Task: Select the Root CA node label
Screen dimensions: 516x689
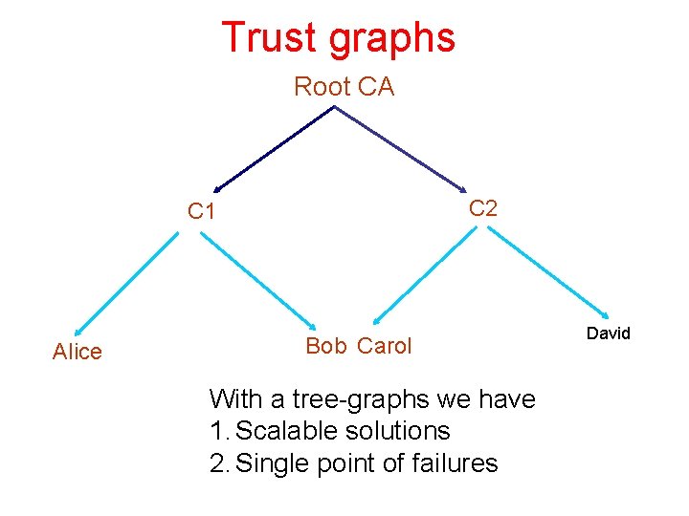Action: coord(344,87)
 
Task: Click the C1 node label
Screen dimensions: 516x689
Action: coord(201,212)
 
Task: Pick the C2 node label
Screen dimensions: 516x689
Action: coord(483,208)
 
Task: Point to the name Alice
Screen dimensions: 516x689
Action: coord(77,352)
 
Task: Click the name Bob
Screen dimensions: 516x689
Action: coord(326,346)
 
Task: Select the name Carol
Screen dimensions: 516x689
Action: coord(385,346)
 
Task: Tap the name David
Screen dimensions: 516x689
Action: coord(609,333)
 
